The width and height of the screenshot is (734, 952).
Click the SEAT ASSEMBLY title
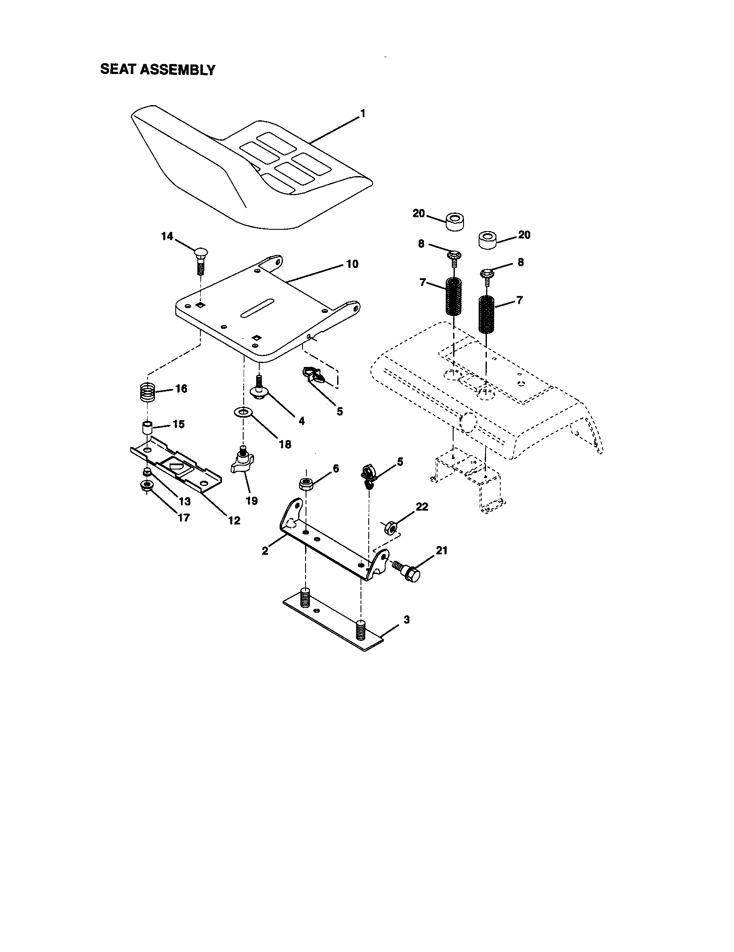pyautogui.click(x=158, y=70)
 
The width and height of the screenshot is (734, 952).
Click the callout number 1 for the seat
pyautogui.click(x=363, y=114)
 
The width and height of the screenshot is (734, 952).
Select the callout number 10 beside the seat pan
pyautogui.click(x=352, y=264)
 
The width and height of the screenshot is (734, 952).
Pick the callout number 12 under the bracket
pyautogui.click(x=234, y=520)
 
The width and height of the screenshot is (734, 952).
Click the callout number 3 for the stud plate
pyautogui.click(x=406, y=619)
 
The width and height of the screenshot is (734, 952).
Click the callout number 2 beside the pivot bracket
pyautogui.click(x=265, y=550)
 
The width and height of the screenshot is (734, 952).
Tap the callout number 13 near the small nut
pyautogui.click(x=184, y=501)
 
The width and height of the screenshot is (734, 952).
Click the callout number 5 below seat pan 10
pyautogui.click(x=340, y=411)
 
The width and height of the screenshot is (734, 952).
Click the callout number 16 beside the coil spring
pyautogui.click(x=181, y=389)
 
